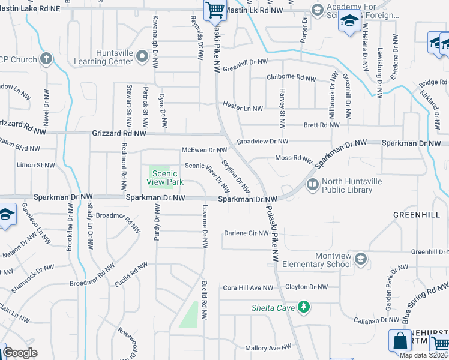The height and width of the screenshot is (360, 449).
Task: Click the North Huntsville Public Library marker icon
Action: (x=312, y=185)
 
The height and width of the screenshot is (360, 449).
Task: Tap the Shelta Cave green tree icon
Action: (x=304, y=307)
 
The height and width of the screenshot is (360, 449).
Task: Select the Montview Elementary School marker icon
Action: (x=360, y=259)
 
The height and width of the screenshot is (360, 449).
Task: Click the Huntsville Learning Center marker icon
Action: (x=142, y=56)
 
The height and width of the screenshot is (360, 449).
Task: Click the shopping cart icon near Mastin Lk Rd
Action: (x=214, y=10)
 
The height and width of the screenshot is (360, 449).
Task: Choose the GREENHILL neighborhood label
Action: (x=413, y=214)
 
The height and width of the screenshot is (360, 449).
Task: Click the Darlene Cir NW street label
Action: (x=245, y=233)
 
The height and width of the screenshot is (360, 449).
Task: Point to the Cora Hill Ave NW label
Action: (x=248, y=288)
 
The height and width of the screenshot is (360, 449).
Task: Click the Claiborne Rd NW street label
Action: (x=291, y=79)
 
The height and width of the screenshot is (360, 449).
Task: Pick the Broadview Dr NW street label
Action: (x=262, y=142)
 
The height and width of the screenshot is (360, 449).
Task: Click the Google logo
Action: (x=20, y=353)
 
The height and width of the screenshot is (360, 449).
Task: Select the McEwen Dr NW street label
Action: (x=204, y=150)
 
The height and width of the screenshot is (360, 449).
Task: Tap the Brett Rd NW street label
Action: (x=321, y=125)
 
